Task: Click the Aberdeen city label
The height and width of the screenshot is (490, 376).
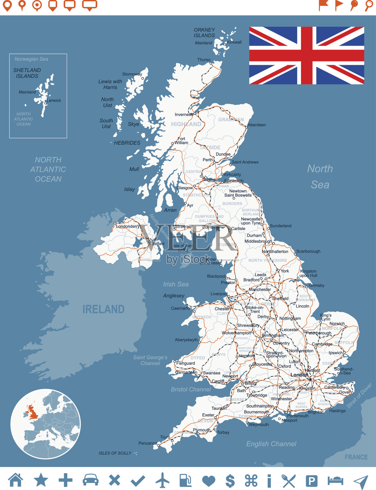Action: (256, 125)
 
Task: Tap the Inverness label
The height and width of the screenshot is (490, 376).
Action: (183, 115)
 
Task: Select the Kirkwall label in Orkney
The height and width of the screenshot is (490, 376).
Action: (234, 42)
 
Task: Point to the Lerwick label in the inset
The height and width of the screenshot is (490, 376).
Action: (54, 100)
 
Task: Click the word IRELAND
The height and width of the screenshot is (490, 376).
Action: (103, 309)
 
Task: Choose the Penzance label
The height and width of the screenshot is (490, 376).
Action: (148, 443)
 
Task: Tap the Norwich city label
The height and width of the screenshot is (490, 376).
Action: (337, 324)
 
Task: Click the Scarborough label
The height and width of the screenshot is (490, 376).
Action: (308, 251)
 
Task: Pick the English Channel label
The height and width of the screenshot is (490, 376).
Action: (271, 444)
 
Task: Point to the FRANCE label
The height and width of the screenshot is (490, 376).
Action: (356, 457)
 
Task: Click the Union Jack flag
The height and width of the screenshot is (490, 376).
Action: (307, 55)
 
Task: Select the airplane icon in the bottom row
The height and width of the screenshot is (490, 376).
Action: (162, 480)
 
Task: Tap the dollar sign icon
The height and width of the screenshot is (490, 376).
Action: (230, 481)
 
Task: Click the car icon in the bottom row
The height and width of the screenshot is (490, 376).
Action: (90, 480)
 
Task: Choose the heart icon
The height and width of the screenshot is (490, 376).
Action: (208, 481)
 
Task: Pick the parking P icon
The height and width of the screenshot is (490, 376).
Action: (311, 481)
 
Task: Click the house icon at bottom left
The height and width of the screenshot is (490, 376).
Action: (16, 480)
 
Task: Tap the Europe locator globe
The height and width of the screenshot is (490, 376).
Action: (46, 424)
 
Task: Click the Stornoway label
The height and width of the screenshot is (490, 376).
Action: (132, 74)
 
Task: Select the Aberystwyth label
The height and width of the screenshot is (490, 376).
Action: (186, 340)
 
